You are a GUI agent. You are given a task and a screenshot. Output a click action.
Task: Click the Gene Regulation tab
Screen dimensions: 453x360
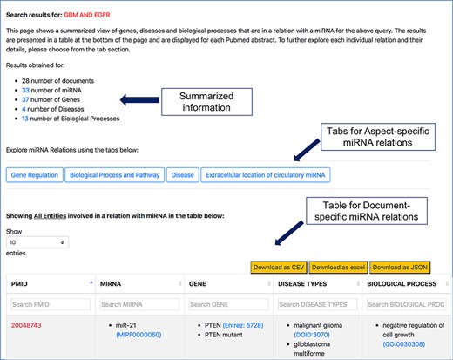35,175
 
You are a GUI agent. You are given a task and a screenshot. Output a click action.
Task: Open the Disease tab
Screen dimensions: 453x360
182,175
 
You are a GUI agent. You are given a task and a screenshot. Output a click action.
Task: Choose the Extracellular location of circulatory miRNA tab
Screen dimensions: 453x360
265,175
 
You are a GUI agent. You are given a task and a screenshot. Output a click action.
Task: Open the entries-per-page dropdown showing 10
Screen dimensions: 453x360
37,241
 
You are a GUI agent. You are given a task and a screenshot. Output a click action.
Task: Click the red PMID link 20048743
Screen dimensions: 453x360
26,324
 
